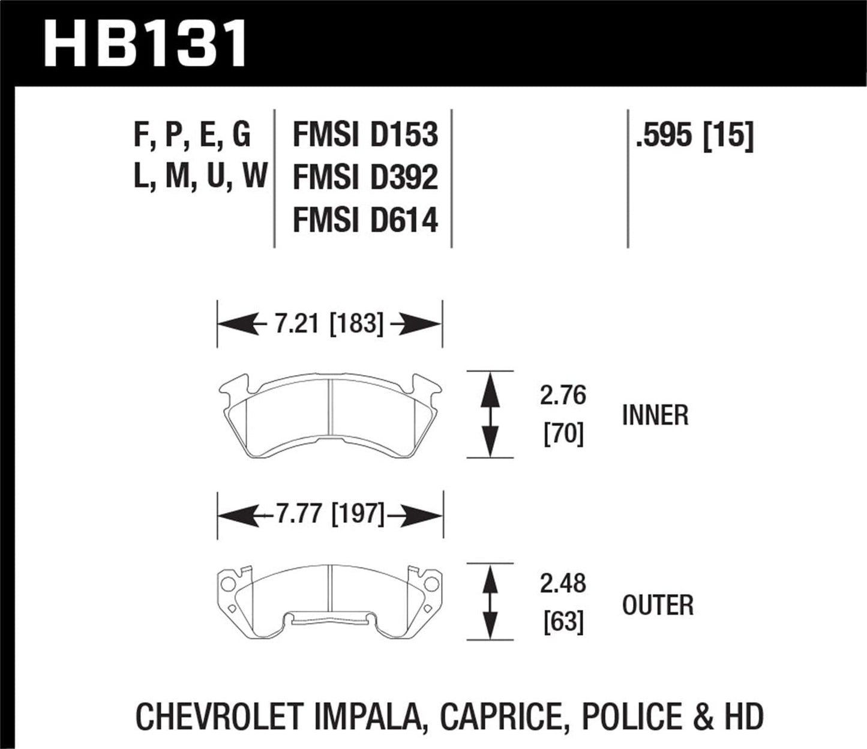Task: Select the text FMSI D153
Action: tap(365, 134)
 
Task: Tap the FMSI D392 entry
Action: tap(365, 178)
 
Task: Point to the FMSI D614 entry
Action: tap(365, 220)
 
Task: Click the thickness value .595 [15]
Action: tap(694, 135)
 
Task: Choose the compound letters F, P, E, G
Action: tap(192, 134)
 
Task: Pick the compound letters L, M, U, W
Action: tap(200, 177)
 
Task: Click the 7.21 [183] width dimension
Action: tap(329, 325)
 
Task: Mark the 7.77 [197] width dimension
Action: tap(329, 514)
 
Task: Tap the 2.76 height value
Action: tap(562, 396)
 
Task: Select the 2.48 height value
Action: tap(562, 583)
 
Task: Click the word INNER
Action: tap(655, 416)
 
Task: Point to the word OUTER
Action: tap(658, 606)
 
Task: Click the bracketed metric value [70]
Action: tap(563, 434)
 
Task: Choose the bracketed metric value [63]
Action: tap(563, 622)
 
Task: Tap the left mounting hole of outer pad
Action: tap(227, 584)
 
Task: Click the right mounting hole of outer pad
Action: tap(431, 584)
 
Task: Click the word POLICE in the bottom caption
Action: tap(624, 717)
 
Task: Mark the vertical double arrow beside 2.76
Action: tap(490, 414)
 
